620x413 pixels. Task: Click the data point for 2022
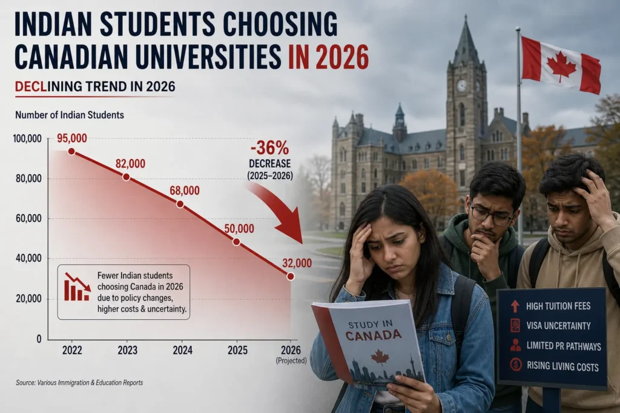(71, 151)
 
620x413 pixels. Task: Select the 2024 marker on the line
(180, 204)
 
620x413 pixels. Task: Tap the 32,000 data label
(297, 263)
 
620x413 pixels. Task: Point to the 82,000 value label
(131, 163)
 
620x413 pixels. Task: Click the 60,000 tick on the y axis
(28, 218)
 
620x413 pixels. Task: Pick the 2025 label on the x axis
(237, 350)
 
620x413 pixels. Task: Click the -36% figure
(269, 148)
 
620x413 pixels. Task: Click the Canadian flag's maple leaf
(561, 68)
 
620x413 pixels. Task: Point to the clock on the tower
(461, 86)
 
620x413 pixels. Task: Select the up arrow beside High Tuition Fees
(515, 306)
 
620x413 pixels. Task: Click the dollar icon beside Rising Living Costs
(516, 365)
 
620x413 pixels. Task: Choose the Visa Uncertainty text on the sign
(558, 326)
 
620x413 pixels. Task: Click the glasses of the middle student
(493, 215)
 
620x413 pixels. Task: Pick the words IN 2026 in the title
(328, 57)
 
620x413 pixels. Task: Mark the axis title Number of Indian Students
(70, 115)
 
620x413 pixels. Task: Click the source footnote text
(79, 383)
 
